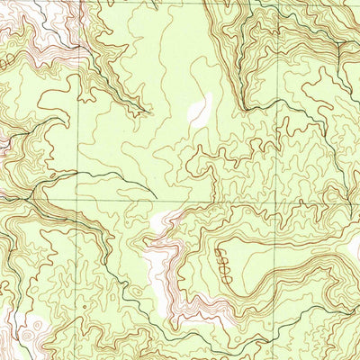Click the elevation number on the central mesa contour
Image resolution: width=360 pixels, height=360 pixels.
(x=224, y=268)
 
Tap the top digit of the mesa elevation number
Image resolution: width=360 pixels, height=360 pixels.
(x=224, y=257)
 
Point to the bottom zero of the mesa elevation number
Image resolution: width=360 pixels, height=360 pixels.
(x=224, y=280)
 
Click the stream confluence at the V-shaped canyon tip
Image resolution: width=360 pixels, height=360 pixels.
(x=144, y=113)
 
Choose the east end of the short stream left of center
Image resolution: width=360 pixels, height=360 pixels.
(x=156, y=197)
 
